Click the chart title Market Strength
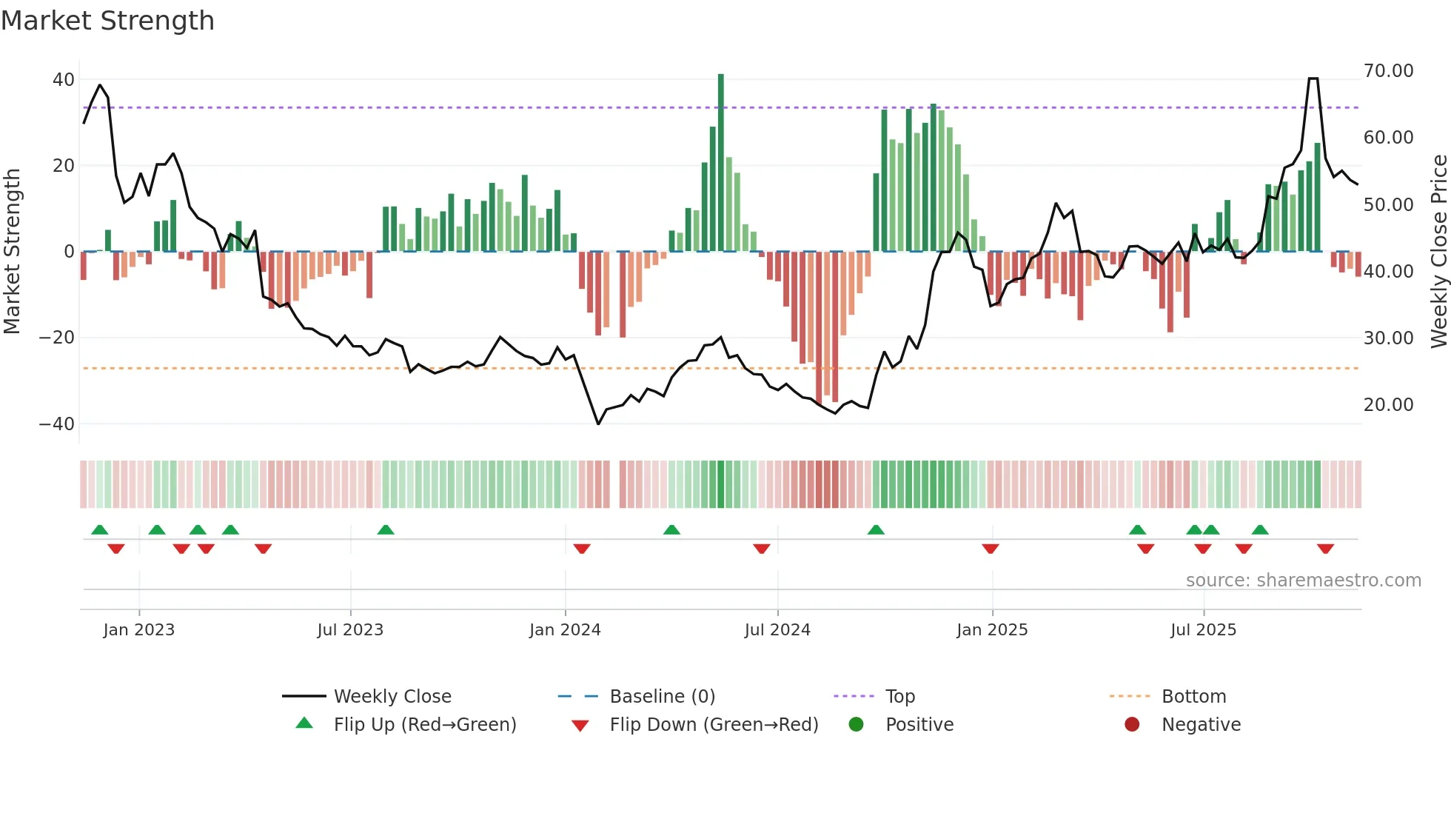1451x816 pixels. pos(107,21)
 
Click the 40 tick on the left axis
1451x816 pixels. pos(63,79)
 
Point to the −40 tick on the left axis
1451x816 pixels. pos(56,424)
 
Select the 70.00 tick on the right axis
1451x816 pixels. pos(1388,71)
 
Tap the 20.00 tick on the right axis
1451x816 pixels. pos(1388,405)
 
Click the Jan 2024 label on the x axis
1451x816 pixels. pos(565,630)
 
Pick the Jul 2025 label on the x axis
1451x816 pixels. pos(1203,630)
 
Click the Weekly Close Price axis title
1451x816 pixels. pos(1438,252)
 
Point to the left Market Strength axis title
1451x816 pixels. pos(13,252)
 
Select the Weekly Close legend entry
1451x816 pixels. pos(392,697)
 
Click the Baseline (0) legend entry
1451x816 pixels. pos(662,697)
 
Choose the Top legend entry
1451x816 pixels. pos(899,697)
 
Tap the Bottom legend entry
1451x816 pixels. pos(1193,697)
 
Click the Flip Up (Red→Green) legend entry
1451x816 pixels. pos(424,725)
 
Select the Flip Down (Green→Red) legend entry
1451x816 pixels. pos(714,725)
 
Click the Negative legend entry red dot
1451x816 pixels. pos(1132,725)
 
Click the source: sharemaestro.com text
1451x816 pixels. pos(1303,581)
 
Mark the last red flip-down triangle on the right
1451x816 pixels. pos(1325,549)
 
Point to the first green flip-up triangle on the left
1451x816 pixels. pos(100,529)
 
